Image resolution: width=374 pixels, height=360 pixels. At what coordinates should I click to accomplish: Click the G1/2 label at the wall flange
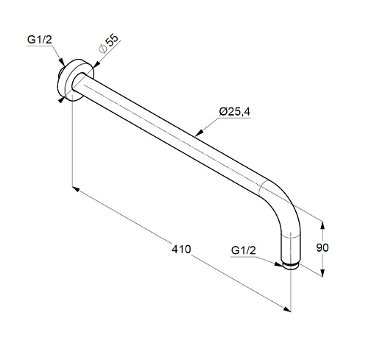pyautogui.click(x=40, y=40)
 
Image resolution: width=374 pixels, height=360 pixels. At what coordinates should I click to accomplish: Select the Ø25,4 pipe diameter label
pyautogui.click(x=235, y=112)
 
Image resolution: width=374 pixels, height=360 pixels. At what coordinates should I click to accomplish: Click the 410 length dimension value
pyautogui.click(x=181, y=250)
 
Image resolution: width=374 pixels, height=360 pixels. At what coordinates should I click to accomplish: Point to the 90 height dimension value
pyautogui.click(x=322, y=247)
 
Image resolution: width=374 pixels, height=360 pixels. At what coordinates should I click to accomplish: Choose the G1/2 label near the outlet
pyautogui.click(x=244, y=250)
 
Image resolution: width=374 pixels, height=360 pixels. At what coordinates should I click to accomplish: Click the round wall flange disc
pyautogui.click(x=76, y=79)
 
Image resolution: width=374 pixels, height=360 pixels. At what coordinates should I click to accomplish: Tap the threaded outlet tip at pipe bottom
pyautogui.click(x=290, y=266)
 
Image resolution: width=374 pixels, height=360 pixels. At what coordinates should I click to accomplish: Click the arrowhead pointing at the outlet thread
pyautogui.click(x=279, y=264)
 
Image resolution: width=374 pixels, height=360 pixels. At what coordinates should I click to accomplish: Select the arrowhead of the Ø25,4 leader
pyautogui.click(x=200, y=133)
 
